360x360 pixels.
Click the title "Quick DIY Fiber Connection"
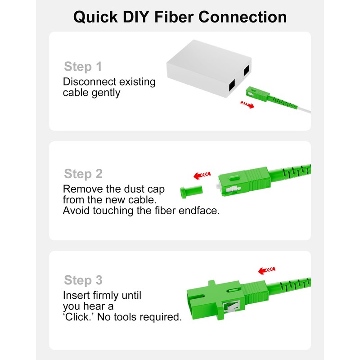pyautogui.click(x=180, y=17)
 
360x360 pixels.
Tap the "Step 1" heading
pyautogui.click(x=83, y=67)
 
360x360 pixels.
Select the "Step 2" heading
pyautogui.click(x=83, y=174)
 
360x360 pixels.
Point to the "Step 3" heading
pyautogui.click(x=83, y=280)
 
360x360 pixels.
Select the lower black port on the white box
pyautogui.click(x=232, y=86)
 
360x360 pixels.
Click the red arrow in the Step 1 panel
pyautogui.click(x=247, y=104)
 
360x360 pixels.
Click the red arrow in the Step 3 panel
pyautogui.click(x=266, y=270)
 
